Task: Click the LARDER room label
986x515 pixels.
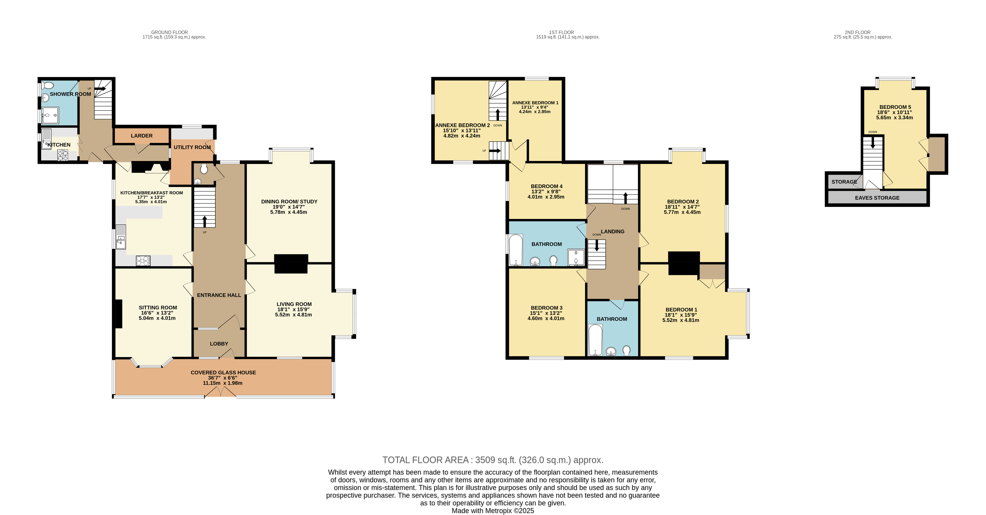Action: pos(142,136)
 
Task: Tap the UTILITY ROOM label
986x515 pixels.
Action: pos(192,147)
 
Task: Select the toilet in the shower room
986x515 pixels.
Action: pos(48,85)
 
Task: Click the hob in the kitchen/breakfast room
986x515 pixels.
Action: pos(143,261)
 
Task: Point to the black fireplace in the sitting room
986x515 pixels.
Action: pos(119,314)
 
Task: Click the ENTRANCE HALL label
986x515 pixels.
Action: pos(219,295)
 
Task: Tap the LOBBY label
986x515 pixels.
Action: pos(219,344)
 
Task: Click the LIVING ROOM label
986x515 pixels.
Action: pos(294,304)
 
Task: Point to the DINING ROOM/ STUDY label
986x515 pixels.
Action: pos(289,202)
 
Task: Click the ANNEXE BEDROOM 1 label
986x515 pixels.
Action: pos(535,103)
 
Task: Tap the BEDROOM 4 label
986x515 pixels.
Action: pos(547,186)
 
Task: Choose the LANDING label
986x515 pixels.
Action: pos(612,231)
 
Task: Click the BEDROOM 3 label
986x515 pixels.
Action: pos(547,308)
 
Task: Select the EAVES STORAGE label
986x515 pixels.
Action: pos(877,198)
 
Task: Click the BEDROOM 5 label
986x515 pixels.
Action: pos(895,107)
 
